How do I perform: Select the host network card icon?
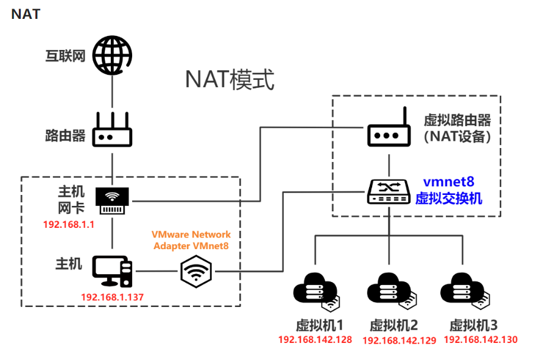[113, 200]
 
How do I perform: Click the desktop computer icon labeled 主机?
[112, 271]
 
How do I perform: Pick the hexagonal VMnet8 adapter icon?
[196, 270]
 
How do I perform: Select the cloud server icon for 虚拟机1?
[314, 289]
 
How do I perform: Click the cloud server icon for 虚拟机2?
[389, 289]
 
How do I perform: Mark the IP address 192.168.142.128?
[315, 340]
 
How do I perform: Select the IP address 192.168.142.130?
[481, 340]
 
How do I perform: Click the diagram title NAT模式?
[230, 79]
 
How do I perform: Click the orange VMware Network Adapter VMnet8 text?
[191, 240]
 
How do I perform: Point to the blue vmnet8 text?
[449, 182]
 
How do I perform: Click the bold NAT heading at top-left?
[26, 14]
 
